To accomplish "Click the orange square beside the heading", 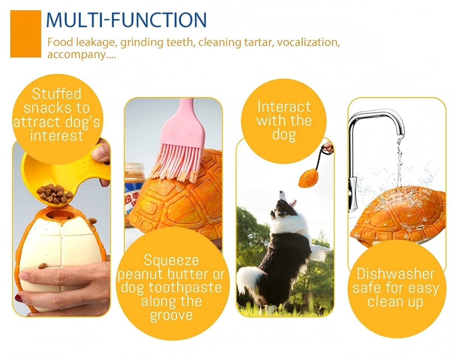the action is point(25,34).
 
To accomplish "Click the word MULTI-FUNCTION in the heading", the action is point(126,20).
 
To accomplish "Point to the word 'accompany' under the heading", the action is point(76,55).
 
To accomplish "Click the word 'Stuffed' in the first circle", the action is point(56,94).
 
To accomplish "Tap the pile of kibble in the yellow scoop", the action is point(54,193).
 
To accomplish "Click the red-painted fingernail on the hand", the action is point(19,298).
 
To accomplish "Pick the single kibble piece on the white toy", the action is point(42,266).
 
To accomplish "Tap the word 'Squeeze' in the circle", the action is point(171,261).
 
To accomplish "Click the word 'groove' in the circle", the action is point(171,315).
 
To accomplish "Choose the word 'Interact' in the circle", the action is point(284,106).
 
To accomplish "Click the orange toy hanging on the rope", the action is point(309,178).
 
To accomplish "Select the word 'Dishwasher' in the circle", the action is point(395,274).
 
